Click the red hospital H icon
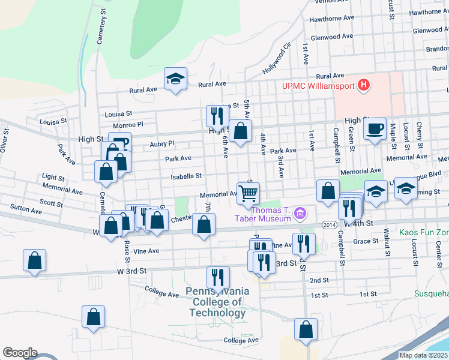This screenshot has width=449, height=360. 363,86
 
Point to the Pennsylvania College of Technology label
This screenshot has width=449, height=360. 217,302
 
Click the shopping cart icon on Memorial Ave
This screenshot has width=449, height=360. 248,193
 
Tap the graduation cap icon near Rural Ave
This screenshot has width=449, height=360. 176,79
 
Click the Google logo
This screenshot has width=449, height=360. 20,353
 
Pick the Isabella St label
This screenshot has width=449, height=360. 186,176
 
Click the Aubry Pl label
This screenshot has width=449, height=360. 162,143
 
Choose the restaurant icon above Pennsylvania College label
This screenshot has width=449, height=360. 217,277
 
